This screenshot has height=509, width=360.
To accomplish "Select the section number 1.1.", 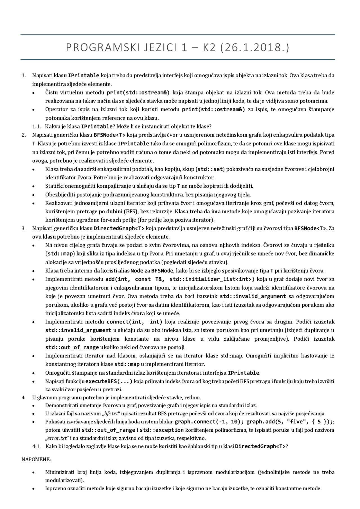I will click(x=37, y=126).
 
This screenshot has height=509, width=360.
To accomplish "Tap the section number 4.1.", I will click(x=37, y=446).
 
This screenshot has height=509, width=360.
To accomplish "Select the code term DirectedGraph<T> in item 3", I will click(x=119, y=228).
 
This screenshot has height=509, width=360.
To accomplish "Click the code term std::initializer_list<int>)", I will click(x=212, y=279).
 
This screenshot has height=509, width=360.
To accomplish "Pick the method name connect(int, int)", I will click(x=134, y=322).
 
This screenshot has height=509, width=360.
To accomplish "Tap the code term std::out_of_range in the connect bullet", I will click(x=72, y=347).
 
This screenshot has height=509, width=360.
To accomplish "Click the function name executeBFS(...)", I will click(x=109, y=381).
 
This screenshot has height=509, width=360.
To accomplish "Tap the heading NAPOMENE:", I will click(x=36, y=460).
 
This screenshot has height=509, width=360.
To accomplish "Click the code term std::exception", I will click(x=162, y=430).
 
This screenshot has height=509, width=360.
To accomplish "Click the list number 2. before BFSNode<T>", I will click(x=24, y=135).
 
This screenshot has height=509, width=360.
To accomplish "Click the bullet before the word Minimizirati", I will click(x=33, y=472).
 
